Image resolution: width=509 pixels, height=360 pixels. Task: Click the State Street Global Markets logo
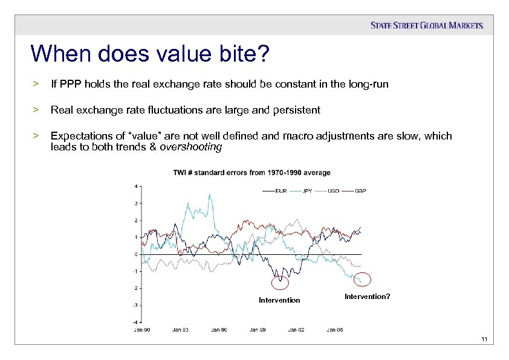click(427, 25)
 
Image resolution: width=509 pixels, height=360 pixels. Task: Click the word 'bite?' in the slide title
click(239, 54)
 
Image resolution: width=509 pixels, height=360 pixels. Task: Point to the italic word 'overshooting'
click(191, 147)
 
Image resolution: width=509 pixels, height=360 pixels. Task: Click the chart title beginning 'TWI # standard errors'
click(251, 173)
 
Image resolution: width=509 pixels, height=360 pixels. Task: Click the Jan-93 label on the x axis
click(180, 330)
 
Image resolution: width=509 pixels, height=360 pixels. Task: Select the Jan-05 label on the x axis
click(335, 330)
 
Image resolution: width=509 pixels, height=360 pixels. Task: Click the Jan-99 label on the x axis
click(258, 330)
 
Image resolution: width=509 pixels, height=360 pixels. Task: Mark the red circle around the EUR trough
click(280, 282)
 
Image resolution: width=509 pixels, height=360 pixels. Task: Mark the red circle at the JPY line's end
click(361, 280)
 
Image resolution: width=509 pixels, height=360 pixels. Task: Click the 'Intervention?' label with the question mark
click(367, 296)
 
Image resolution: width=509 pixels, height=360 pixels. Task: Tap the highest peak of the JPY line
click(210, 194)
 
